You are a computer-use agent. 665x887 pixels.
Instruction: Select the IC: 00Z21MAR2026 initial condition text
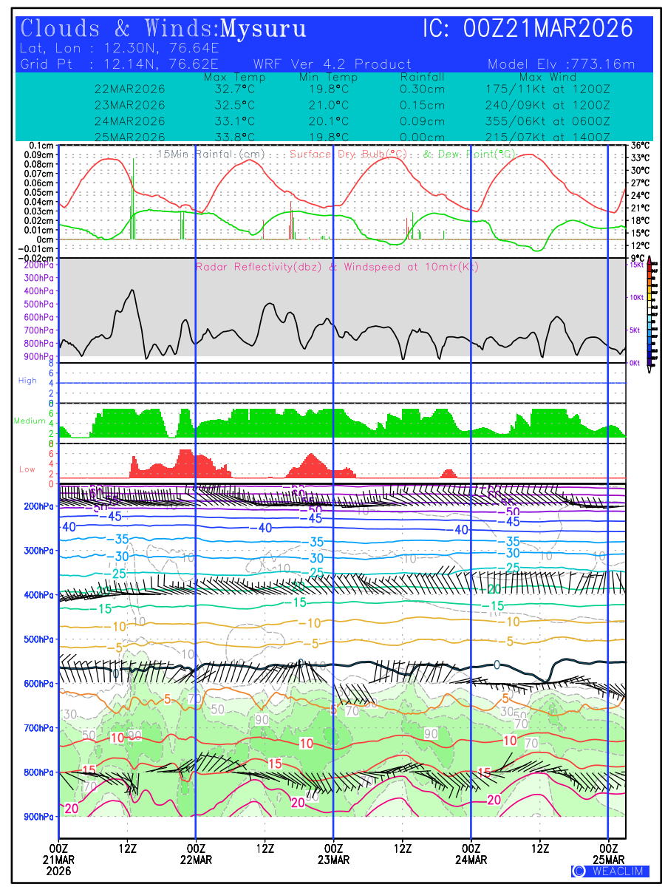coord(528,29)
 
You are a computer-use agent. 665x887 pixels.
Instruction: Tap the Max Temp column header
coord(234,77)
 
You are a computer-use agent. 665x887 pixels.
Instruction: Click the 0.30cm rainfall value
coord(423,89)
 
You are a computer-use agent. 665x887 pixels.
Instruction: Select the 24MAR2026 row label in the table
coord(130,121)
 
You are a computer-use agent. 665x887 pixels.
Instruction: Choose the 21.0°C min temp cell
coord(329,105)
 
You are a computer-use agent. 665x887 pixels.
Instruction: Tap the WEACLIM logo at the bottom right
coord(610,871)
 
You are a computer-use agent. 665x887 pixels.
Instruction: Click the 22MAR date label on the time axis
coord(196,859)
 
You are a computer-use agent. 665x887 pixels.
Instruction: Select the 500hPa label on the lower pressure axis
coord(38,639)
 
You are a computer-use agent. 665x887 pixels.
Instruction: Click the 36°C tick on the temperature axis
coord(640,146)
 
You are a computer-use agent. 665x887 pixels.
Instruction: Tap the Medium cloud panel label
coord(30,421)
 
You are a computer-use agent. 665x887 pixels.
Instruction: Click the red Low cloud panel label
coord(27,469)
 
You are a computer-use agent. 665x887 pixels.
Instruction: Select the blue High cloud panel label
coord(27,381)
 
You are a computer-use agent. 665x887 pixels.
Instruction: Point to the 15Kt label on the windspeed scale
coord(635,265)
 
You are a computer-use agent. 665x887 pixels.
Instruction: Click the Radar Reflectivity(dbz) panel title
coord(337,267)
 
